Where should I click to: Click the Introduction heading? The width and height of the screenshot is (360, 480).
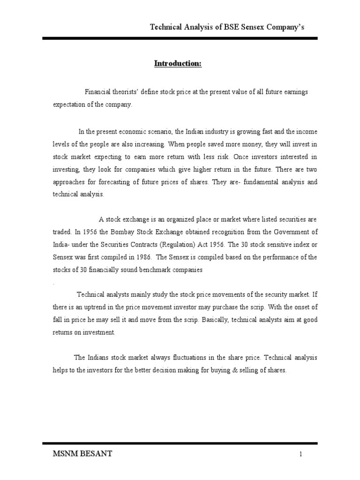click(178, 64)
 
